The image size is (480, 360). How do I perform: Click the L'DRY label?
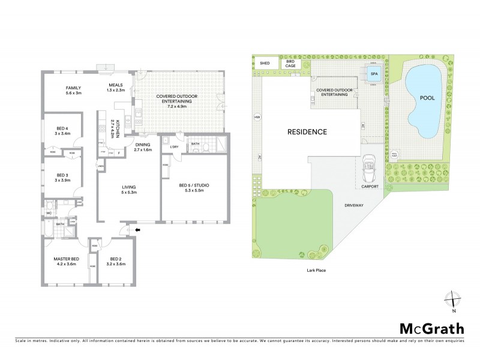[x=175, y=147]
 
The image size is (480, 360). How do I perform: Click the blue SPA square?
[x=374, y=75]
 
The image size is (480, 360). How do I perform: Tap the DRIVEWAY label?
[x=354, y=205]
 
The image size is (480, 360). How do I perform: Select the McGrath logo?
[x=431, y=328]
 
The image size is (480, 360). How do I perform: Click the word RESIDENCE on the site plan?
[x=306, y=131]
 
